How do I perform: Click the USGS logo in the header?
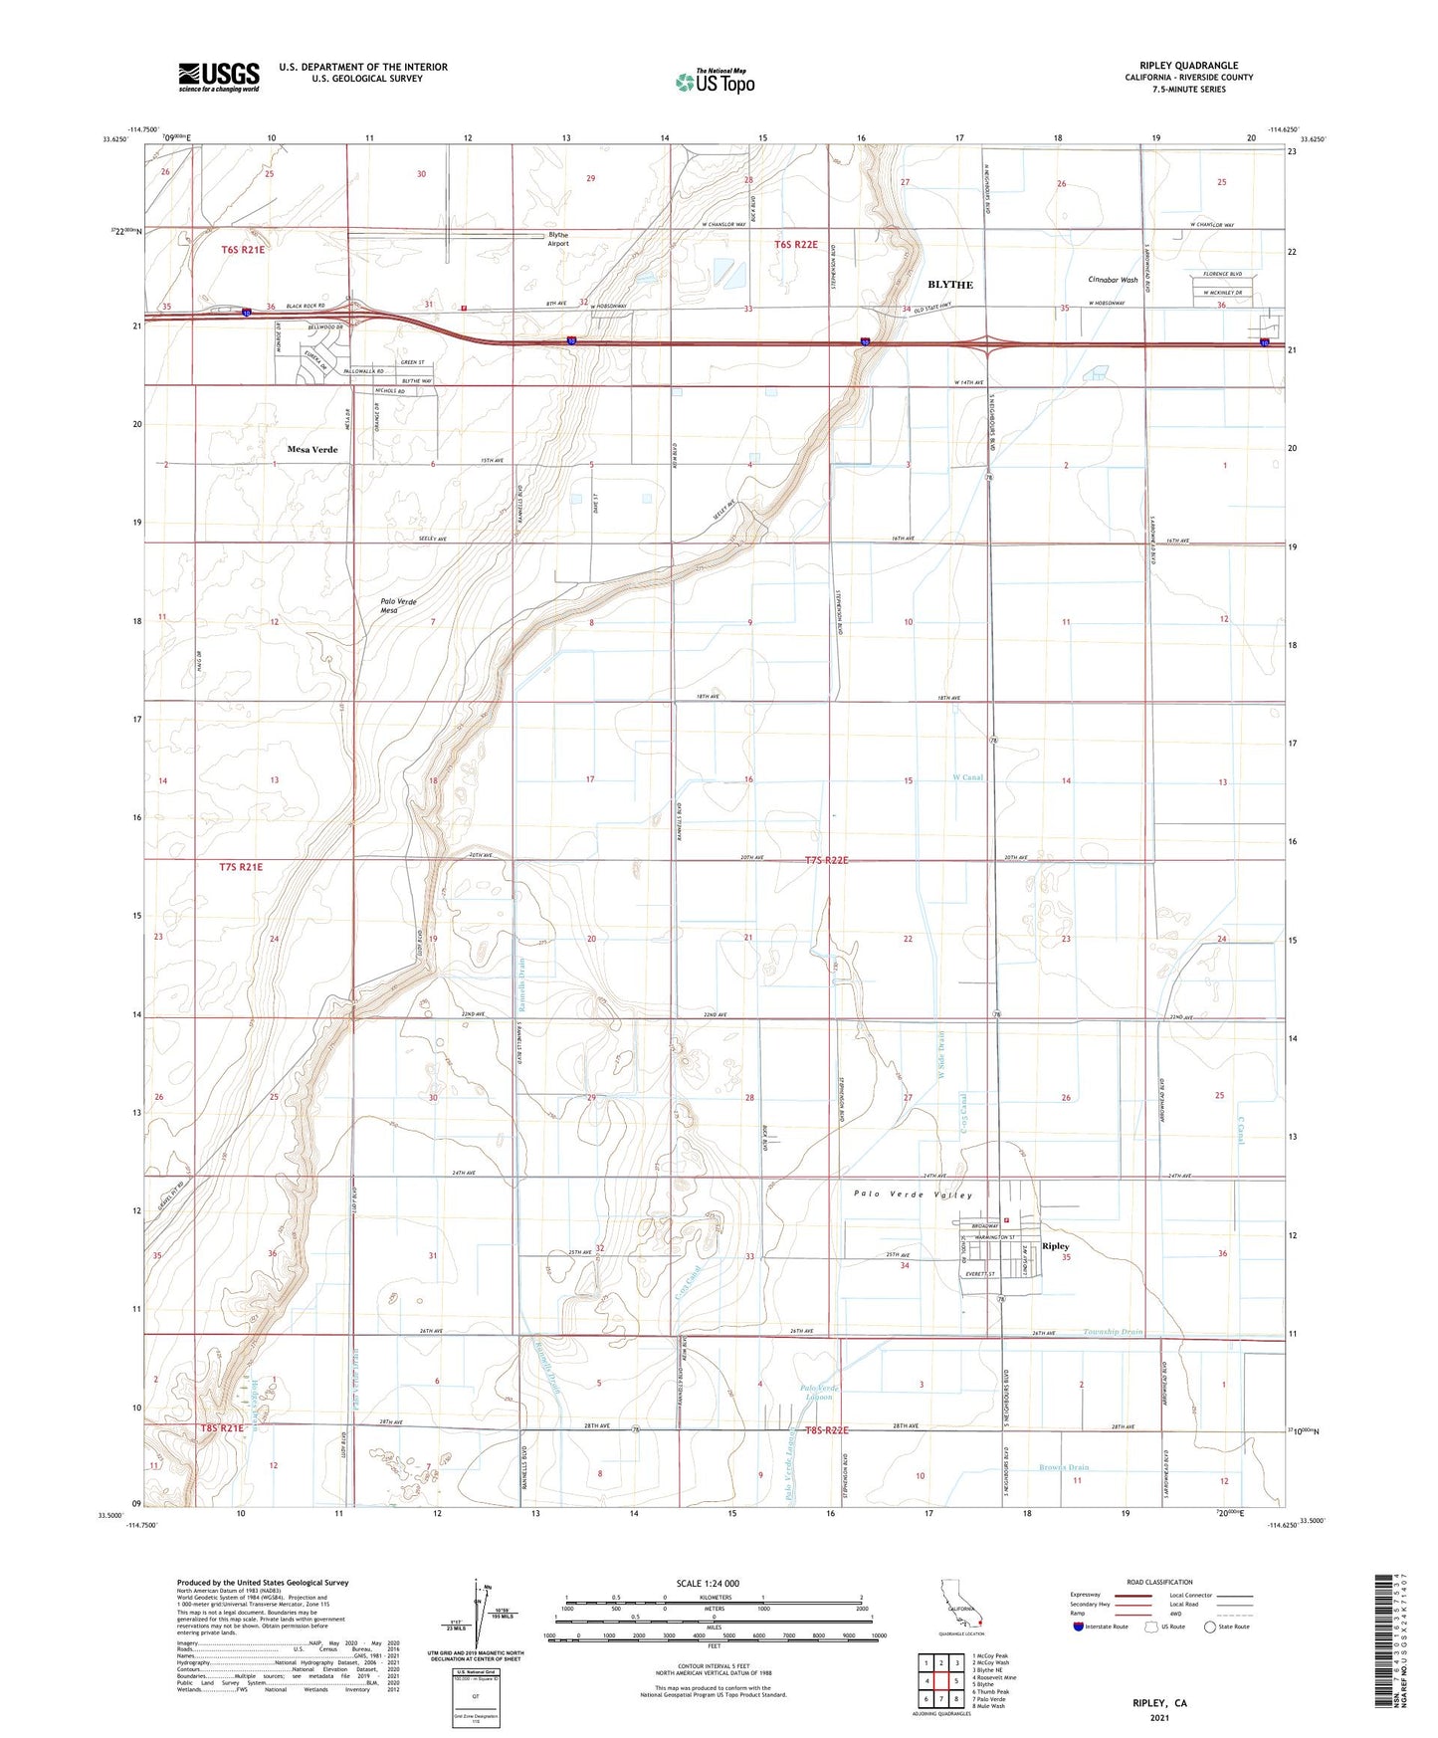pyautogui.click(x=219, y=77)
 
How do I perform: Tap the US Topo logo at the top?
pyautogui.click(x=715, y=82)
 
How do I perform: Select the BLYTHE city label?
pyautogui.click(x=949, y=285)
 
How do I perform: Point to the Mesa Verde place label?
pyautogui.click(x=312, y=450)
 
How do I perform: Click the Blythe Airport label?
pyautogui.click(x=558, y=239)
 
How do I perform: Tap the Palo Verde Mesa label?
pyautogui.click(x=398, y=605)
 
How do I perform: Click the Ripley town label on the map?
pyautogui.click(x=1055, y=1246)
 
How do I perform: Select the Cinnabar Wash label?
pyautogui.click(x=1113, y=280)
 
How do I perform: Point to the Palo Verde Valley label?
pyautogui.click(x=913, y=1195)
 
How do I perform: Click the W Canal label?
pyautogui.click(x=967, y=777)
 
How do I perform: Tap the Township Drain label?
pyautogui.click(x=1113, y=1331)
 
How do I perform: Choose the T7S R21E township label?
pyautogui.click(x=241, y=867)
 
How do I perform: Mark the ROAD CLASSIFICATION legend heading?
pyautogui.click(x=1159, y=1582)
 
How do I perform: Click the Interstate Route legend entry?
pyautogui.click(x=1101, y=1627)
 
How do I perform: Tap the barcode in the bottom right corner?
pyautogui.click(x=1390, y=1638)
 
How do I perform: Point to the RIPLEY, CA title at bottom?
pyautogui.click(x=1159, y=1703)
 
